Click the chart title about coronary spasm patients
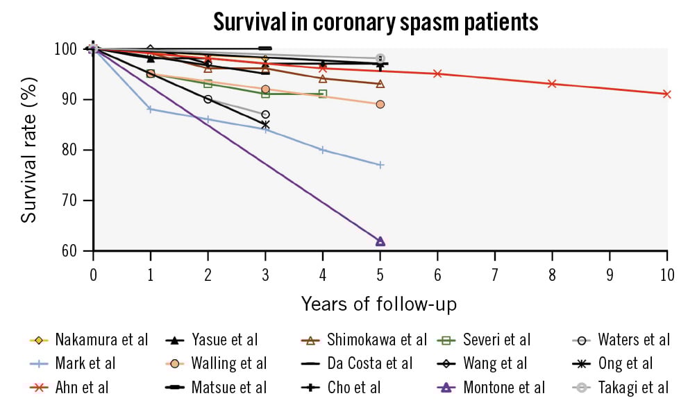tap(375, 22)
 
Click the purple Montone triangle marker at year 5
tap(380, 241)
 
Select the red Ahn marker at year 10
tap(666, 94)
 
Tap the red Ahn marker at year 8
tap(552, 83)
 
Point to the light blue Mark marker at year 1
tap(150, 109)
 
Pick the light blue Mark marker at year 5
tap(380, 164)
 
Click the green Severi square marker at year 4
tap(322, 94)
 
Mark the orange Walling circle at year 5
tap(380, 104)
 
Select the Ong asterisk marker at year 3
tap(265, 125)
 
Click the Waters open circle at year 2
tap(208, 99)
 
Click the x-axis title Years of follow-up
tap(379, 304)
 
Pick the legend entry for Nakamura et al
tap(101, 340)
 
